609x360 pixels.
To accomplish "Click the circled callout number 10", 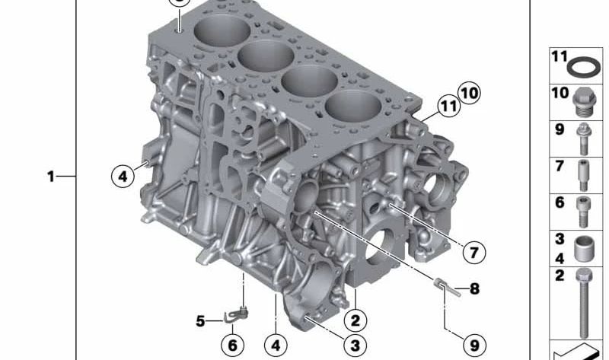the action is (469, 93).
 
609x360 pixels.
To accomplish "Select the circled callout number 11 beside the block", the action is (449, 106).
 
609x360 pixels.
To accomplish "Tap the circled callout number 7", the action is (474, 253).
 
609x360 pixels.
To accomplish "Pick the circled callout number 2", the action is (356, 320).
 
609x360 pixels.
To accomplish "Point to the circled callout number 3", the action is (356, 346).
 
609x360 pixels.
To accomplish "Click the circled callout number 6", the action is (233, 346).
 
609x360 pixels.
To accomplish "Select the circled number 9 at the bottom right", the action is (474, 346).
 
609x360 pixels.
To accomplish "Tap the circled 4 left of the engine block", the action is (123, 177).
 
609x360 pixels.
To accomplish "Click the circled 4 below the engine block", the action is (276, 346).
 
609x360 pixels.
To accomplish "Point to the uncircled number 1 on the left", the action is (51, 177).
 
